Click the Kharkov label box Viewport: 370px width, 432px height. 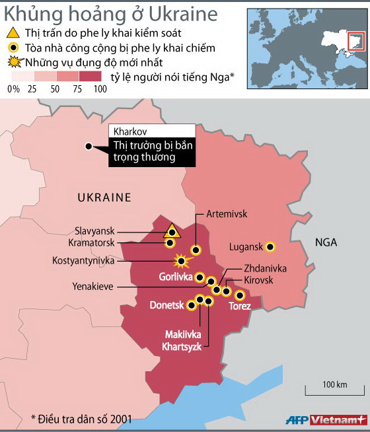[151, 131]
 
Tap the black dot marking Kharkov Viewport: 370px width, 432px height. [87, 147]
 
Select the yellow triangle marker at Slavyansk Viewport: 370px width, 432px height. [172, 231]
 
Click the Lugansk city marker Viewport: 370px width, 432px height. [270, 247]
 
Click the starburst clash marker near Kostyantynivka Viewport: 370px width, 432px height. [178, 260]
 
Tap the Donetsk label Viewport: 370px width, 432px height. [167, 306]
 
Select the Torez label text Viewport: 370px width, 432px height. [240, 306]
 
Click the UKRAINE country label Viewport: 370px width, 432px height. [104, 197]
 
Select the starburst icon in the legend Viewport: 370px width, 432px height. [12, 63]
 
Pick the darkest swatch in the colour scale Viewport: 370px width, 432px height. [92, 76]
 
